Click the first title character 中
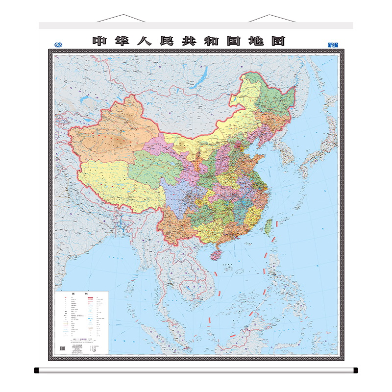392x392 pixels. coord(99,41)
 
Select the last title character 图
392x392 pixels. coord(278,41)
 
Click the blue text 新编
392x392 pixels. coord(333,45)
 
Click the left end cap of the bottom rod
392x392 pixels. coord(37,370)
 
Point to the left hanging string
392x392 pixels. coord(121,18)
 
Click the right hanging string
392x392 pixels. coord(272,18)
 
